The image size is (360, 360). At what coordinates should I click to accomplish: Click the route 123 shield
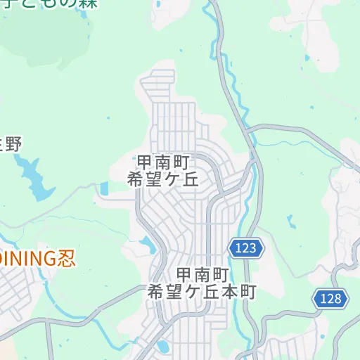tap(246, 247)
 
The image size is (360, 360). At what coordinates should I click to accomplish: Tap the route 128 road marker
tap(330, 298)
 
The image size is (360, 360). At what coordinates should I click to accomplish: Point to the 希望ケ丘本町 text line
tap(202, 291)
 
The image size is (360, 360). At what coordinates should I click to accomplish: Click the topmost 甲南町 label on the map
tap(163, 162)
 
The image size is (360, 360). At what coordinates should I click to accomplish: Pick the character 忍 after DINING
tap(65, 258)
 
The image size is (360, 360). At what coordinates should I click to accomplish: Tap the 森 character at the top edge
tap(87, 4)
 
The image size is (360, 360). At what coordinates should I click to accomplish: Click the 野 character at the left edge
tap(13, 146)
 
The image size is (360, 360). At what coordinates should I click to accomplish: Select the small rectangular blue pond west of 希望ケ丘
tap(105, 188)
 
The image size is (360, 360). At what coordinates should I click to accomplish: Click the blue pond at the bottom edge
tap(163, 347)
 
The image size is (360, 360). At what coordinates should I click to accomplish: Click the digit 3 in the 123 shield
tap(255, 247)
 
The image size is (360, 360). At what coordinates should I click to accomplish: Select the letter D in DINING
tap(3, 258)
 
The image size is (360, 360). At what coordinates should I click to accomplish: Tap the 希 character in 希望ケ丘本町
tap(156, 291)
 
